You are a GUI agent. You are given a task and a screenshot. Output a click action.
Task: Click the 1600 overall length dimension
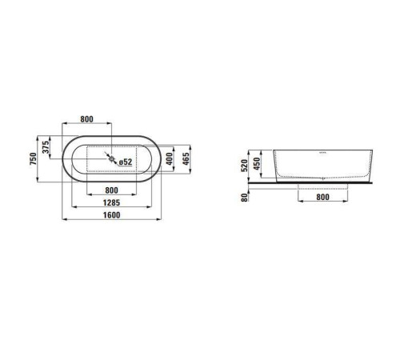pos(111,215)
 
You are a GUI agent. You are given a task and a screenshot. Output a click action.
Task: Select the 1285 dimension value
pos(111,202)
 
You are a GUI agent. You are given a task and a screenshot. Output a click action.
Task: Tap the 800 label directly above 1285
pos(111,190)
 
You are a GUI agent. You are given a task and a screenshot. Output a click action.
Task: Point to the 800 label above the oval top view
pos(87,119)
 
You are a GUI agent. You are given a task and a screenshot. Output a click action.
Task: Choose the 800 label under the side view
pos(322,197)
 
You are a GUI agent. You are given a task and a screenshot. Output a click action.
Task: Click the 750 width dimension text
pos(33,158)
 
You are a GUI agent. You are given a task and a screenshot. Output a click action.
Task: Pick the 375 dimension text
pos(46,147)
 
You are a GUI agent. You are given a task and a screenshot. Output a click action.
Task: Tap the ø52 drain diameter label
pos(126,162)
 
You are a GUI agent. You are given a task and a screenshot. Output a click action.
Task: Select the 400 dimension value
pos(169,158)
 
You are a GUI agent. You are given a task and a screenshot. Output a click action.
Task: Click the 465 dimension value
pos(186,158)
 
